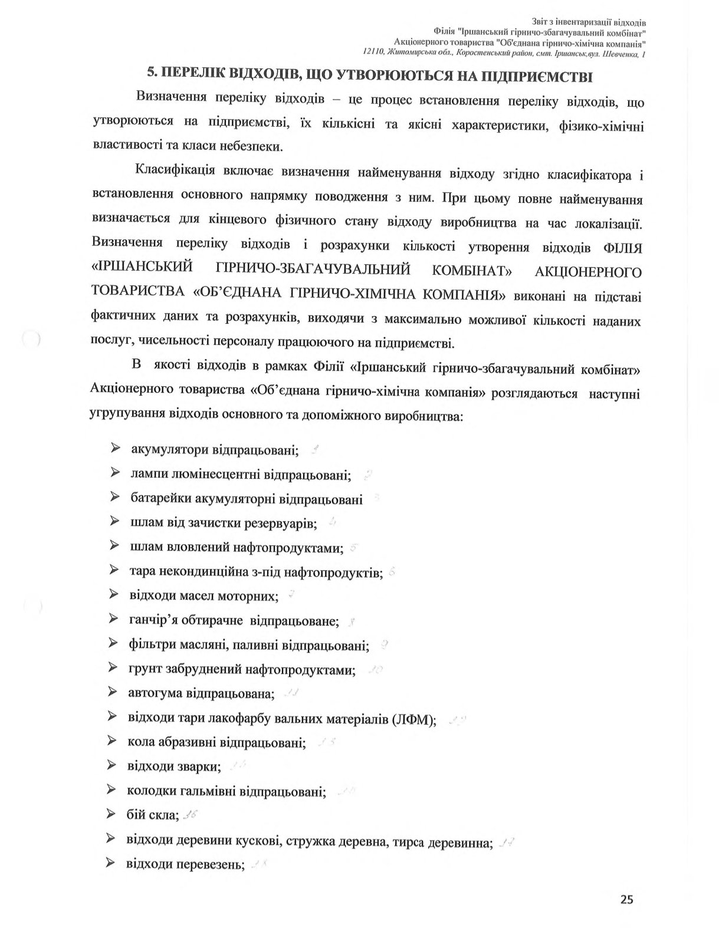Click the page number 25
(x=626, y=900)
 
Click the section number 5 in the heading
(x=150, y=75)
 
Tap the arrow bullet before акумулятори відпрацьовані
(x=114, y=449)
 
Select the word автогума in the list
(x=152, y=693)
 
